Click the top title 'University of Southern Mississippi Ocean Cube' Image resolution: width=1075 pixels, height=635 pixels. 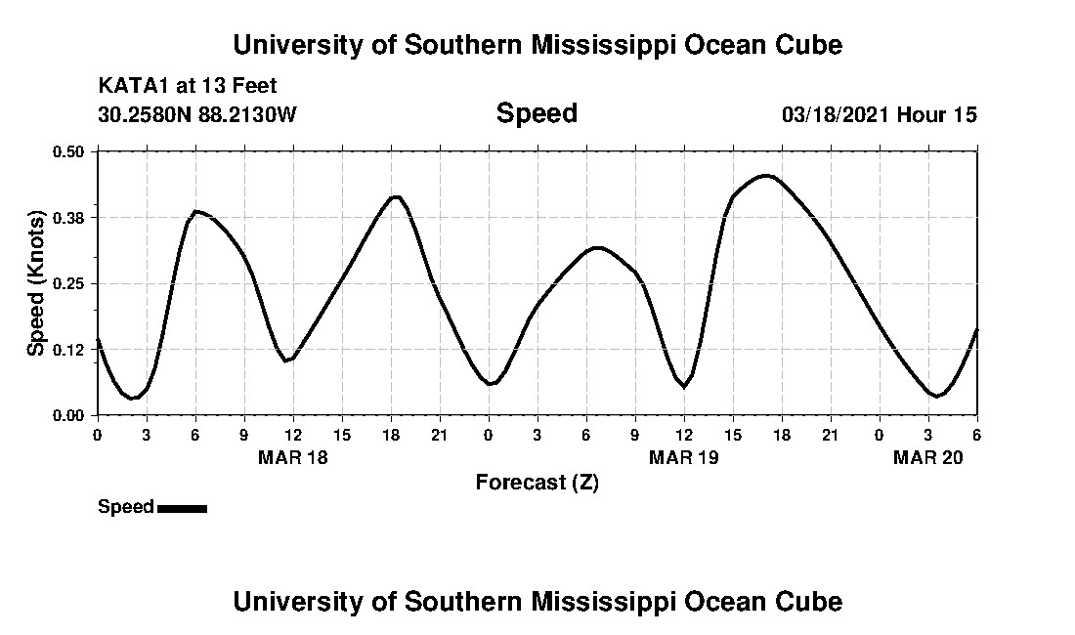(x=537, y=45)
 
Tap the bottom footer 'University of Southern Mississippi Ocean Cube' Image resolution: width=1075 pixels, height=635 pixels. (x=537, y=601)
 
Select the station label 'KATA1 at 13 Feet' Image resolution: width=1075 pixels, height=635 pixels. (x=188, y=85)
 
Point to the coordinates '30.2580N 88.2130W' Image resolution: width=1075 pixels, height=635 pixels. (x=197, y=115)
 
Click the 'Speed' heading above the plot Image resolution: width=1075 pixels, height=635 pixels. (x=537, y=113)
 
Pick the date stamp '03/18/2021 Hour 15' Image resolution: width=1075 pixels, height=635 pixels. (x=880, y=115)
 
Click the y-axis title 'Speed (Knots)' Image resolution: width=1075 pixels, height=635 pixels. (x=36, y=283)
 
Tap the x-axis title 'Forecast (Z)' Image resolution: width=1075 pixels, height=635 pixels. (x=537, y=482)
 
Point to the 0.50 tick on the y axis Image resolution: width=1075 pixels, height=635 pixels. (x=68, y=151)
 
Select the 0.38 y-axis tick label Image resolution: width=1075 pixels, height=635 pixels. (x=68, y=217)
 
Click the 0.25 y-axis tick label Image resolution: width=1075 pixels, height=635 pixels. (x=68, y=283)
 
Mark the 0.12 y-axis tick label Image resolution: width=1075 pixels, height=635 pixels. (x=68, y=349)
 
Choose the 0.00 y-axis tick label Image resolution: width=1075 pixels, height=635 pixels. (x=68, y=415)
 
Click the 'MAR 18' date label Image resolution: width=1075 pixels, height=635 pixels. (x=293, y=457)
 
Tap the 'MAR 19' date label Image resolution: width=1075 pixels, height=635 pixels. (x=684, y=457)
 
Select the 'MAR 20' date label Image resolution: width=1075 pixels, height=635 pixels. (x=928, y=457)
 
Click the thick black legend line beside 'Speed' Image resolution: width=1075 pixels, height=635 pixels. (x=182, y=508)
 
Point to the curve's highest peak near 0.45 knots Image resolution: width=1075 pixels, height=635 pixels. (x=766, y=176)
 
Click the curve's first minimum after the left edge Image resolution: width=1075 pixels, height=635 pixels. (x=132, y=398)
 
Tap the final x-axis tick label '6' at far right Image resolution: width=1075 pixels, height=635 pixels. (x=976, y=435)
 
